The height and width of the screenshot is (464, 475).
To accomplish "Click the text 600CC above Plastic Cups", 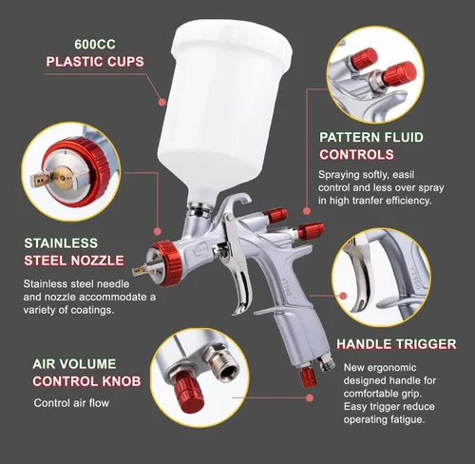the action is coord(95,45).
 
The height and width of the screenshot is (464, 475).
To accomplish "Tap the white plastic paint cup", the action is coord(226,107).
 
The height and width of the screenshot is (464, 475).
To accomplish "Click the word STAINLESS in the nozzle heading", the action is coord(61,243).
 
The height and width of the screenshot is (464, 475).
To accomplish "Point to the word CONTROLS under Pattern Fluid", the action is coord(356,155).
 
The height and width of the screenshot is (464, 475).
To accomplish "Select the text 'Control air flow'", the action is coord(71,403).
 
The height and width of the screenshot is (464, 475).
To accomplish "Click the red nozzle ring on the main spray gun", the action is coord(167,263).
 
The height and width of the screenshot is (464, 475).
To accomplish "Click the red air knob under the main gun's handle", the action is coord(308,377).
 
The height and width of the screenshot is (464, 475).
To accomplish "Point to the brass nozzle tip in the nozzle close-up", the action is coord(62,178).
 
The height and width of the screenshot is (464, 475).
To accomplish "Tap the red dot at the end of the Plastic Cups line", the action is coord(161,103).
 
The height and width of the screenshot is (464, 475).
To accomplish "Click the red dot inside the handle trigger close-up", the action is coord(343,296).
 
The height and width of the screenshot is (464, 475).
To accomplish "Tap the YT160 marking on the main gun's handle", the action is coord(286,287).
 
